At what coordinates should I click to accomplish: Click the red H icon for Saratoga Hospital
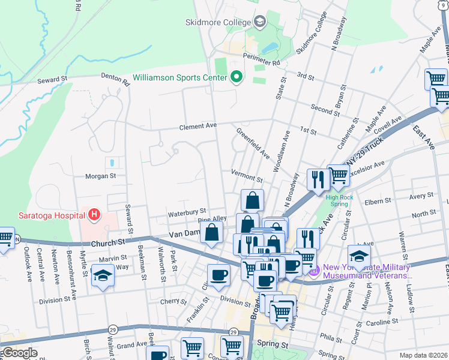coord(93,214)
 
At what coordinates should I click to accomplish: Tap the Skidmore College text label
coord(217,22)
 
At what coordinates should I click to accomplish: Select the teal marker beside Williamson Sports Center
coord(236,77)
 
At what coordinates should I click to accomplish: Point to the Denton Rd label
coord(115,79)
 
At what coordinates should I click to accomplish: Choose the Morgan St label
coord(100,176)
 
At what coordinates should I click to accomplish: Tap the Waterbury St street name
coord(187,212)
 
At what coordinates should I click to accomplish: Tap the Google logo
coord(20,353)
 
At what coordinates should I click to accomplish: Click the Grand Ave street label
coord(131,346)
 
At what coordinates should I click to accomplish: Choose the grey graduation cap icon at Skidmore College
coord(260,22)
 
